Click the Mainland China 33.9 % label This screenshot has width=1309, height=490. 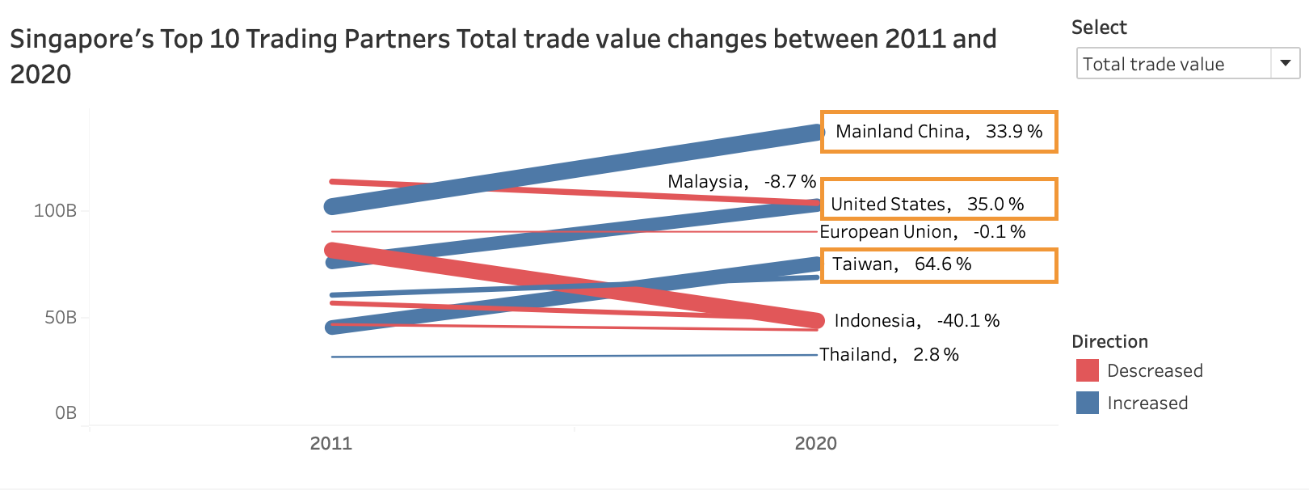point(938,132)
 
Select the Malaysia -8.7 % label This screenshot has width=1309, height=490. point(741,182)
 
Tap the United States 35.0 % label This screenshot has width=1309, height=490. point(927,204)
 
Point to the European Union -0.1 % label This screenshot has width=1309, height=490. point(922,232)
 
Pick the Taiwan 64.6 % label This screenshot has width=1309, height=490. point(901,264)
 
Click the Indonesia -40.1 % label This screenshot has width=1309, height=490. point(916,321)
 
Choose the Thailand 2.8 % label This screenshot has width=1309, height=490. point(889,355)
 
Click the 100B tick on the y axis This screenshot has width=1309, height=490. point(55,211)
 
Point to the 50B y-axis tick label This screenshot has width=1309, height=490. point(60,317)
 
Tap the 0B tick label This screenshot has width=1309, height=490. point(65,413)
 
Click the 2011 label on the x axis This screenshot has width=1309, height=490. point(331,443)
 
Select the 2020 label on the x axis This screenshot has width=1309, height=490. point(815,443)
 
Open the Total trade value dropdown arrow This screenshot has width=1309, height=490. point(1285,63)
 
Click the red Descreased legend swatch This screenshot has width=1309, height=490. point(1088,370)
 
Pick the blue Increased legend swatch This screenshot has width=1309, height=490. point(1088,403)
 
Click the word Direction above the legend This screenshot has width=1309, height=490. point(1109,341)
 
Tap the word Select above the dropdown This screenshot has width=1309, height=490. point(1099,27)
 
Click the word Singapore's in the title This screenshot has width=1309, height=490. point(82,39)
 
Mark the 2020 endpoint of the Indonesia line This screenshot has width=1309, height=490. point(816,321)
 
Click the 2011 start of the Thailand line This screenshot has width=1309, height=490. point(332,357)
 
